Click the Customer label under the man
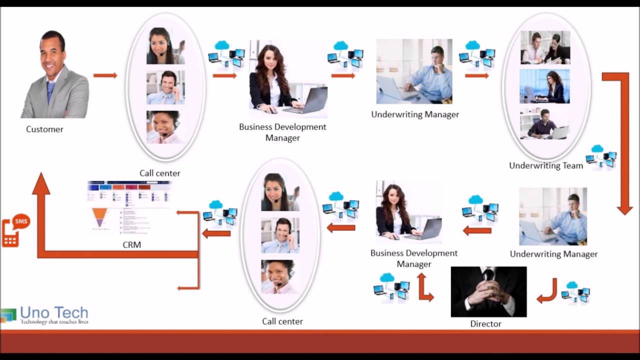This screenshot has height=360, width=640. click(x=44, y=129)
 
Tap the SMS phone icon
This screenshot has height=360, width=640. click(x=15, y=230)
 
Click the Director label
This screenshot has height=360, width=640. click(x=485, y=324)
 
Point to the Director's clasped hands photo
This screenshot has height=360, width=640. click(x=488, y=291)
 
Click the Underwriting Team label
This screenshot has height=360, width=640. click(x=546, y=165)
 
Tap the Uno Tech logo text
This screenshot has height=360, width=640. click(x=54, y=313)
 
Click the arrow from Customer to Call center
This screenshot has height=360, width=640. click(x=105, y=75)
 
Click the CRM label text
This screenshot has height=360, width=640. click(x=131, y=245)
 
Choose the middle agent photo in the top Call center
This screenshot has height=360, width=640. click(x=165, y=87)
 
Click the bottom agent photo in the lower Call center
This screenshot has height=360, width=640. click(x=280, y=276)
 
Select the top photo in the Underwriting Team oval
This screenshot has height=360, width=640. click(x=545, y=47)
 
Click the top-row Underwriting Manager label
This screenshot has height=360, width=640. click(x=415, y=114)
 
